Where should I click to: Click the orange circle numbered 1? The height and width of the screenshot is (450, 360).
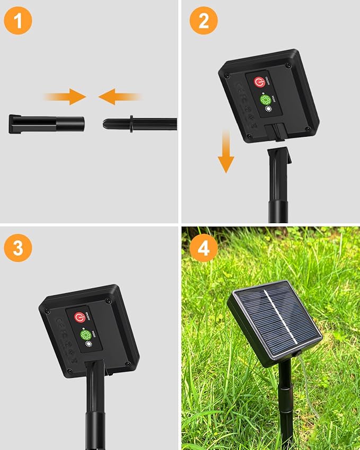coord(17,21)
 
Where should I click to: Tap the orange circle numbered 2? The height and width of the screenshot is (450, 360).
coord(204,21)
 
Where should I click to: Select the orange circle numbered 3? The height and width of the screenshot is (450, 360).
coord(17,248)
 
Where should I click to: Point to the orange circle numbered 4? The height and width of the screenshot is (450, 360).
coord(204,248)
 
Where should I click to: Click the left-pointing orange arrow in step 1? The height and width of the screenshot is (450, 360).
coord(120,96)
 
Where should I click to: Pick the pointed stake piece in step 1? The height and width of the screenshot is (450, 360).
coord(140,124)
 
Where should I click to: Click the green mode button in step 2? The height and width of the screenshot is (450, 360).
coord(265,100)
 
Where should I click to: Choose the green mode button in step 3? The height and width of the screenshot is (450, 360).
coord(85,335)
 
